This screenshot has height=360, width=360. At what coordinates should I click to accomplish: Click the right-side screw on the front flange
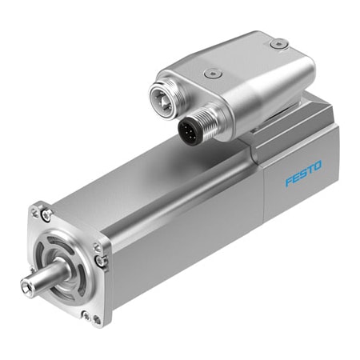(x=100, y=260)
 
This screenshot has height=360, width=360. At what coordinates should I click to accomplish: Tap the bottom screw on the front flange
(x=87, y=315)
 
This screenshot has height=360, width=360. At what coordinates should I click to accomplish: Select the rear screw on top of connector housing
(x=277, y=44)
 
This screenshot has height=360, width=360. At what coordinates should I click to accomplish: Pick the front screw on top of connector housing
(x=210, y=73)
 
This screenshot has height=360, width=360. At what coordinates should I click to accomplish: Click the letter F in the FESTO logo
(x=289, y=179)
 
